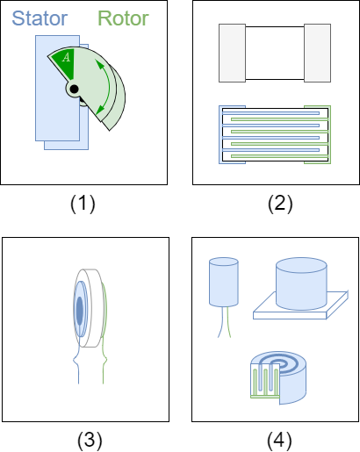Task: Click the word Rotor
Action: click(x=123, y=18)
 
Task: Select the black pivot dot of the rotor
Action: click(x=74, y=89)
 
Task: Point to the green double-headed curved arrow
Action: click(x=108, y=84)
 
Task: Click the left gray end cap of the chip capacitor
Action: click(x=232, y=53)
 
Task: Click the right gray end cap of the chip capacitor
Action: click(x=316, y=53)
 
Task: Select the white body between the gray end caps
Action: click(x=274, y=53)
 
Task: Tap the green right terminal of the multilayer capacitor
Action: click(x=327, y=135)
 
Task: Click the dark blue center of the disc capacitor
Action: click(x=80, y=311)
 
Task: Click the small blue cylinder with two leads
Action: click(x=224, y=283)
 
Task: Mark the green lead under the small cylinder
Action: click(x=230, y=323)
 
